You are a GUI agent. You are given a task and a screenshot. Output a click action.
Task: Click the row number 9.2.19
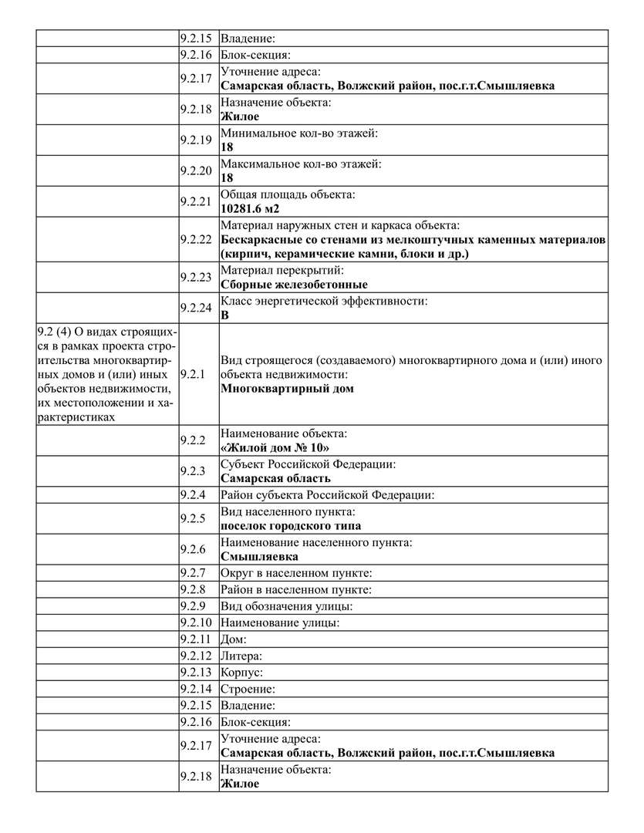click(195, 140)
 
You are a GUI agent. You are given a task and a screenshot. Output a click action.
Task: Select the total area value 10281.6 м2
click(250, 208)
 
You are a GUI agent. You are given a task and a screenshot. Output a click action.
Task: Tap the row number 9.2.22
click(195, 239)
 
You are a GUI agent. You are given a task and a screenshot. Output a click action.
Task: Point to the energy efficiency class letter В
click(225, 315)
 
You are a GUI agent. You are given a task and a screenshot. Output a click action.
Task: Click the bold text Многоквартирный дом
click(287, 388)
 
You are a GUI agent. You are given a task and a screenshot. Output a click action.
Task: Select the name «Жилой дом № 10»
click(275, 447)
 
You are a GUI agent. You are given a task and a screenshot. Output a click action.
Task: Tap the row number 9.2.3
click(193, 470)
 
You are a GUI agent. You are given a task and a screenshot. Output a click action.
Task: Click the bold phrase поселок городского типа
click(290, 526)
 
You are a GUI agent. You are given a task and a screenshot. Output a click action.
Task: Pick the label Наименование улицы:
click(280, 622)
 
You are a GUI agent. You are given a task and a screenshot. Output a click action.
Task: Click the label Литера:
click(241, 656)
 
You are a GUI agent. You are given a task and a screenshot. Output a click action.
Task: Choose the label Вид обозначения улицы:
click(287, 606)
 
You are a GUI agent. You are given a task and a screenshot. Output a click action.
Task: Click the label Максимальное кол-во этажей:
click(301, 164)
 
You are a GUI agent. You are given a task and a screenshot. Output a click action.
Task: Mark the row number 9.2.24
click(195, 307)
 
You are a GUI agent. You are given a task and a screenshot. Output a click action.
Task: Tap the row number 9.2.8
click(193, 589)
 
